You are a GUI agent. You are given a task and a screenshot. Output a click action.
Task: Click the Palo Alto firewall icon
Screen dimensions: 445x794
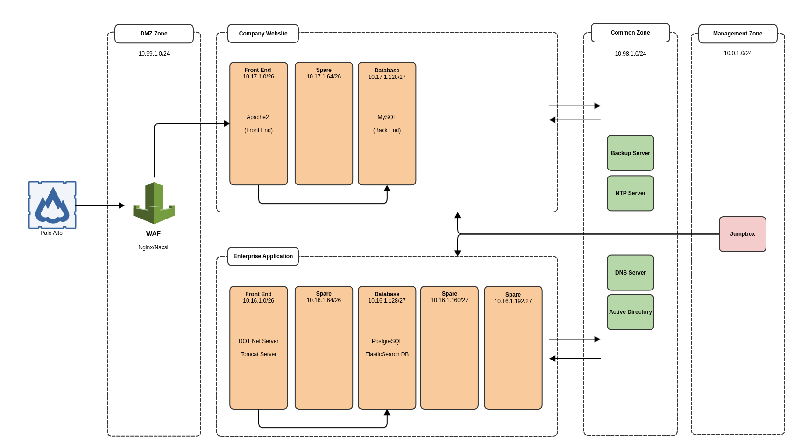(52, 205)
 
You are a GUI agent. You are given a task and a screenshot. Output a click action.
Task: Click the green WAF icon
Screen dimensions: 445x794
(154, 204)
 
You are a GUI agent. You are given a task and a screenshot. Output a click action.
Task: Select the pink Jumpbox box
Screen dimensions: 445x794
(742, 234)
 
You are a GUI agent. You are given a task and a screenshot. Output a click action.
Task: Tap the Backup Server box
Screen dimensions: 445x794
(630, 153)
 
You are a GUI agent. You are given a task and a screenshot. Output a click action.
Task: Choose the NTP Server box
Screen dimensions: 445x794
(630, 193)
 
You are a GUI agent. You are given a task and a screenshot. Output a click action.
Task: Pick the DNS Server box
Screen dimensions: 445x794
(630, 273)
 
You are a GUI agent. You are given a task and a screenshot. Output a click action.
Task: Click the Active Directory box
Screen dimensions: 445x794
(630, 312)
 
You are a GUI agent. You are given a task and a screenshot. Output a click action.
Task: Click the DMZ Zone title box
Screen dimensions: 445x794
(154, 34)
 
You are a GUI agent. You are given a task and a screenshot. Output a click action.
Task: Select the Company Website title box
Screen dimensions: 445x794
(263, 34)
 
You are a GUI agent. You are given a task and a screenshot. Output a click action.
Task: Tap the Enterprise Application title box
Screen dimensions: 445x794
(263, 256)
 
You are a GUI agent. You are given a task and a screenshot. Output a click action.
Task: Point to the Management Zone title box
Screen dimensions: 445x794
(737, 34)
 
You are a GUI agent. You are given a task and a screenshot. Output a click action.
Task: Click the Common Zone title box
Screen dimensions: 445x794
(630, 33)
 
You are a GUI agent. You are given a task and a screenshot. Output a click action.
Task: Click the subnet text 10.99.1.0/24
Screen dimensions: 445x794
(154, 54)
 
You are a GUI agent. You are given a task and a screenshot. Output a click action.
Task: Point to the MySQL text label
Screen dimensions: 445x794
(387, 117)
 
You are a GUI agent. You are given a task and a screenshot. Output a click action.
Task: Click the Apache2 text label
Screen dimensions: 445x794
(258, 117)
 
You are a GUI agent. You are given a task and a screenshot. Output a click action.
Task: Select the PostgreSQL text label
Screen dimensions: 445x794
(387, 341)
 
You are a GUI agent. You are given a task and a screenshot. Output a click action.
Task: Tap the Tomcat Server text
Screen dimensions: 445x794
(258, 354)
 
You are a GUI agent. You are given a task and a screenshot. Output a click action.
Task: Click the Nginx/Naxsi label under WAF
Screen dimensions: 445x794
(153, 247)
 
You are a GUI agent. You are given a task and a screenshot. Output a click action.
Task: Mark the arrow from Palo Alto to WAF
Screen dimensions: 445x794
(99, 205)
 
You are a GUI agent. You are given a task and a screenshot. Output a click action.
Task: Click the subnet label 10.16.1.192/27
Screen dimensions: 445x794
(513, 301)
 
